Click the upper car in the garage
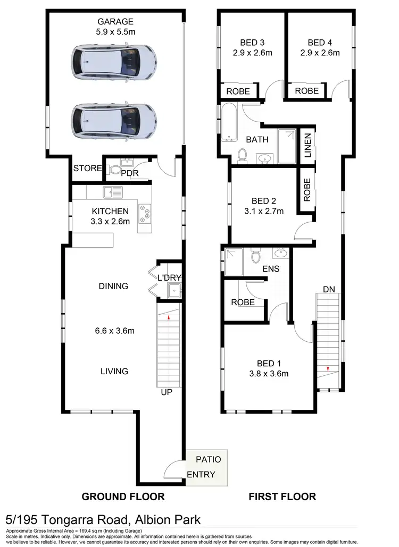pyautogui.click(x=114, y=63)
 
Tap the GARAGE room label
pyautogui.click(x=115, y=22)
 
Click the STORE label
pyautogui.click(x=87, y=169)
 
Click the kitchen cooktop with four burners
pyautogui.click(x=145, y=214)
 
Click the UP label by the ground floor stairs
pyautogui.click(x=167, y=392)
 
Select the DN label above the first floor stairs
pyautogui.click(x=328, y=289)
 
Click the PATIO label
pyautogui.click(x=208, y=459)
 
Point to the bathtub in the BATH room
pyautogui.click(x=230, y=124)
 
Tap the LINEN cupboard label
pyautogui.click(x=307, y=145)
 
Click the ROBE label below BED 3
pyautogui.click(x=238, y=91)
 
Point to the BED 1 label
pyautogui.click(x=269, y=363)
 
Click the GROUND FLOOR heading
pyautogui.click(x=122, y=496)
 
